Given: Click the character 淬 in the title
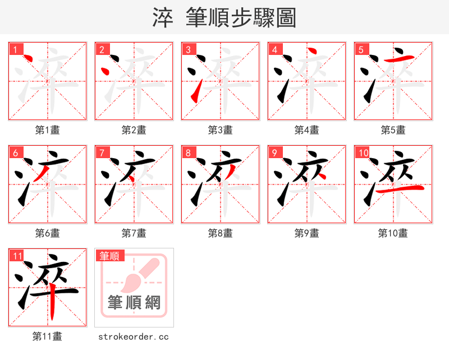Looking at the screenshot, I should pos(163,18).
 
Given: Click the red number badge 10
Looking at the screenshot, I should pos(363,153).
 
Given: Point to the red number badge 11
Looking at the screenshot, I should pos(17,256).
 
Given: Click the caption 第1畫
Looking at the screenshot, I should pos(48,130).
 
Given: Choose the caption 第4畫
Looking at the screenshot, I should pos(307,130).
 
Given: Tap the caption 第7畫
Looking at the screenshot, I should pos(134,233).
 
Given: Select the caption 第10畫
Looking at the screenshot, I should pos(393,233).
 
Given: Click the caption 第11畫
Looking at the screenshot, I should pos(48,336).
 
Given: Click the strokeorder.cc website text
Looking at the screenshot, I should pos(134,336).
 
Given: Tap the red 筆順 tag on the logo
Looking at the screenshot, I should pos(109,256).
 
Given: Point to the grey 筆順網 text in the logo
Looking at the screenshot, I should pos(134,303).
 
